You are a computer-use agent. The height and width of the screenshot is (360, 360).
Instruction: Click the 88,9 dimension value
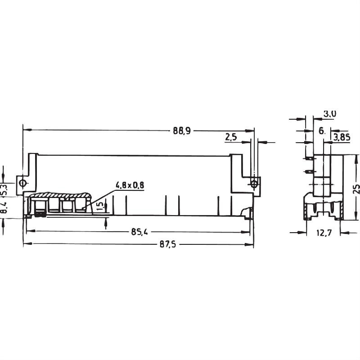click(x=182, y=130)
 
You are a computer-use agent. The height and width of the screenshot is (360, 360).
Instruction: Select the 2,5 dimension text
click(x=230, y=138)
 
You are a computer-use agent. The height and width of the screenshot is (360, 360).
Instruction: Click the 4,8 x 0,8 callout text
click(x=130, y=185)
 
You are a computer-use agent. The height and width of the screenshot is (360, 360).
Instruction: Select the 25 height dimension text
click(x=356, y=187)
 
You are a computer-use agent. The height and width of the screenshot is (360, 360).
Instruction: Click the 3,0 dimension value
click(x=330, y=114)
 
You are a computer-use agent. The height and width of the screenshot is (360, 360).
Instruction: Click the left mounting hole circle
click(x=22, y=183)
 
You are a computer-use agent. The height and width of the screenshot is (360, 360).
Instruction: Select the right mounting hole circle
click(x=254, y=183)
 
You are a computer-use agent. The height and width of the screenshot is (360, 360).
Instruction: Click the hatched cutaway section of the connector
click(x=58, y=196)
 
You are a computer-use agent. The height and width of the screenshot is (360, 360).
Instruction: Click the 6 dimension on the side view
click(x=321, y=130)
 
